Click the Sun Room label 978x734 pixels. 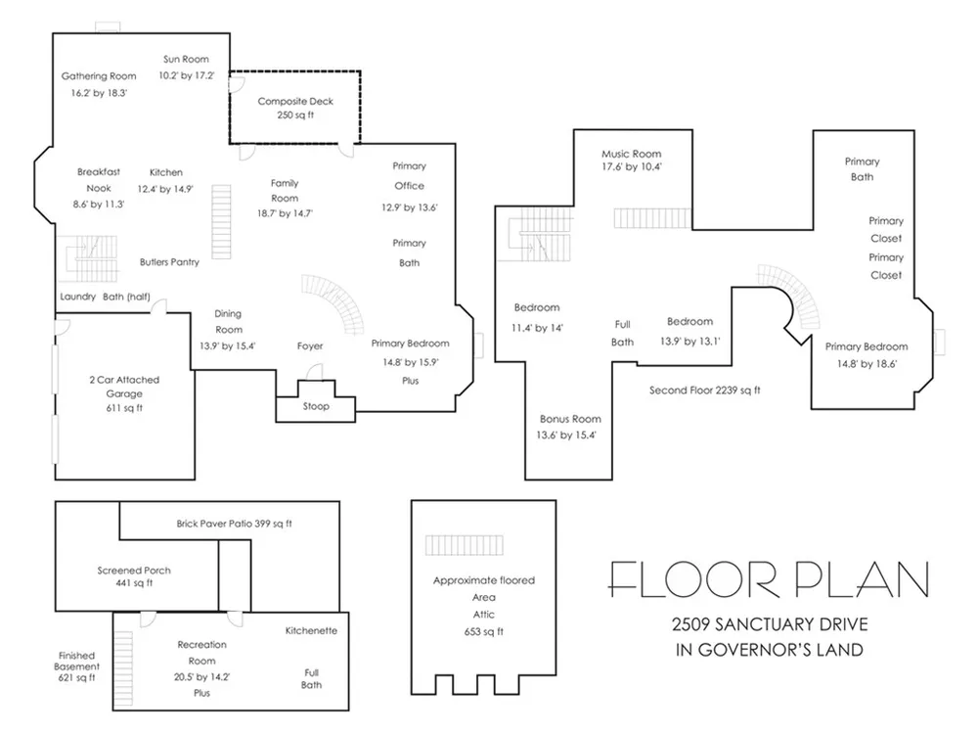click(186, 60)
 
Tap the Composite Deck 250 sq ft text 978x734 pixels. click(295, 108)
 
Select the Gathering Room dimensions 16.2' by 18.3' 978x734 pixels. click(99, 93)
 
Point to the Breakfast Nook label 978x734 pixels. click(99, 180)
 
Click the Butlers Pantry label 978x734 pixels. click(169, 262)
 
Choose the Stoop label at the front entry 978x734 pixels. click(316, 406)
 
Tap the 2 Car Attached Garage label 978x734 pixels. click(124, 387)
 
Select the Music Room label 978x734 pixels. click(631, 154)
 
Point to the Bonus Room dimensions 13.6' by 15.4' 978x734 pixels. click(566, 436)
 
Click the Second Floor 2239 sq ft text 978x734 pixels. click(705, 390)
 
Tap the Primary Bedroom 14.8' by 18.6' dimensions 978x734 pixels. click(867, 364)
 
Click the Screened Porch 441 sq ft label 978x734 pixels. click(134, 576)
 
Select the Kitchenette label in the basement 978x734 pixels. click(311, 631)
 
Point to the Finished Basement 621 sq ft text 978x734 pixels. click(76, 666)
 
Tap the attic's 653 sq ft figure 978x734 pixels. click(483, 631)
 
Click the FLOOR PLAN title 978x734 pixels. click(769, 579)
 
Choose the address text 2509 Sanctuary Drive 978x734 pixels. click(770, 624)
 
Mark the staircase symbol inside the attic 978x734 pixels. click(464, 545)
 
